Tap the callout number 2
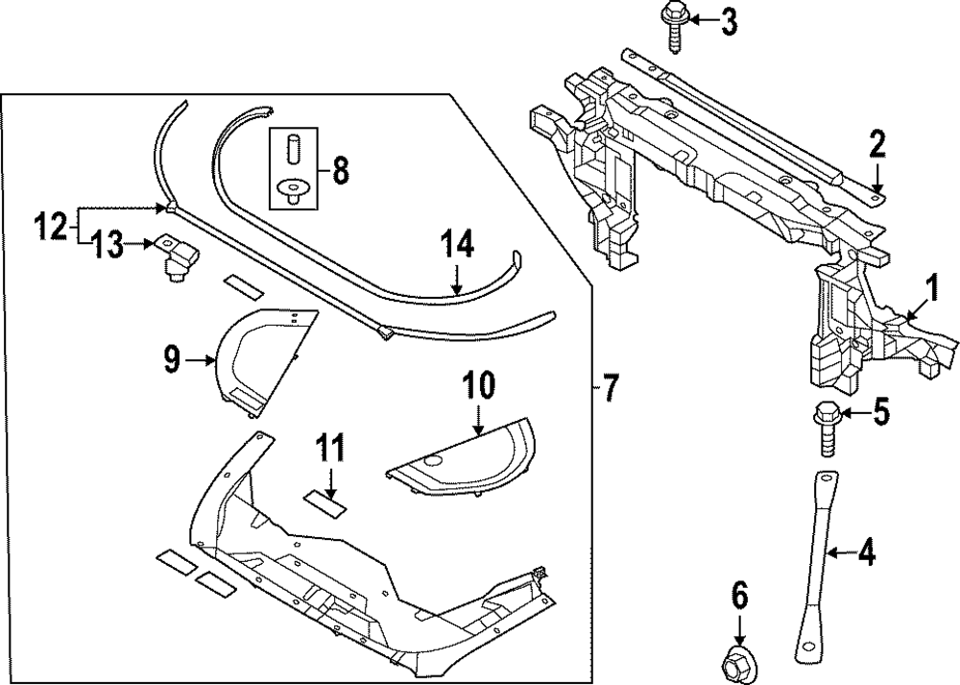tap(876, 146)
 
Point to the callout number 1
tap(929, 285)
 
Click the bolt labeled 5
tap(825, 427)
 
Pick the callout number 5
tap(880, 414)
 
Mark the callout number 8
tap(339, 172)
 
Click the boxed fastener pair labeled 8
tap(290, 169)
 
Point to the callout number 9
tap(171, 360)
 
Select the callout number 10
tap(479, 386)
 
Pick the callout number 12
tap(52, 228)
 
